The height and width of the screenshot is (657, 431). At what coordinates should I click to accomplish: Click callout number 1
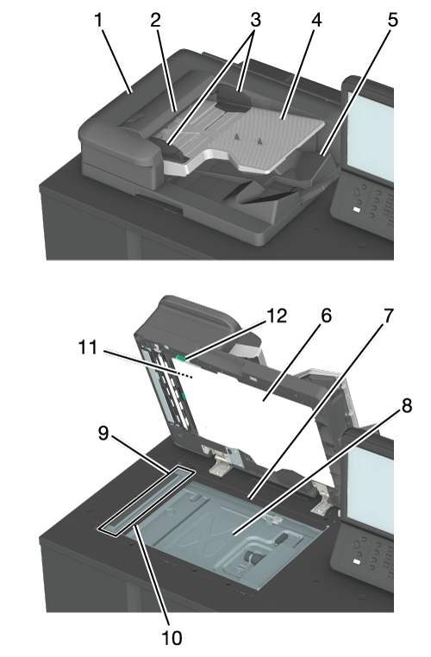coord(98,20)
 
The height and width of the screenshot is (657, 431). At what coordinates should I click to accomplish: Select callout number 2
coord(155,20)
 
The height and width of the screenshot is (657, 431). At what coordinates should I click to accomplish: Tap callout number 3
coord(255,20)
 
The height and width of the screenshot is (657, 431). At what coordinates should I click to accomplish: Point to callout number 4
coord(316,20)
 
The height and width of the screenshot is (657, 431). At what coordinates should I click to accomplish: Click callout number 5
coord(392,20)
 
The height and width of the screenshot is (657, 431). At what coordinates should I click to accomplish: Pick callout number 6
coord(326,316)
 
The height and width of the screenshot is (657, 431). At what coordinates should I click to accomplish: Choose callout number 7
coord(389,316)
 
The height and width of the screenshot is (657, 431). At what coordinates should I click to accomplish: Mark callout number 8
coord(406,405)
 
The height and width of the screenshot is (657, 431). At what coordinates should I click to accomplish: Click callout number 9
coord(103,433)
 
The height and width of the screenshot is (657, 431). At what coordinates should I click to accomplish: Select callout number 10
coord(172,638)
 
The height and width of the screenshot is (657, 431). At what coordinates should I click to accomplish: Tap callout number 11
coord(88,347)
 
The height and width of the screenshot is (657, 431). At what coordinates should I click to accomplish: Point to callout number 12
coord(277,316)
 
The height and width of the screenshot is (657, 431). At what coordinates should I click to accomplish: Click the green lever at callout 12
coord(182,358)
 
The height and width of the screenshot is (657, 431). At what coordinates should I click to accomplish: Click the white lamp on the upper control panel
coord(357,210)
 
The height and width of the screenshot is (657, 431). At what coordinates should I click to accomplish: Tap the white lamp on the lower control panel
coord(357,561)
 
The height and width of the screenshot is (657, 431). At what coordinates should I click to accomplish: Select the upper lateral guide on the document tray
coord(234,97)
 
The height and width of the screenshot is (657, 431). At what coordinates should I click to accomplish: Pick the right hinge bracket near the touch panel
coord(321,497)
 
